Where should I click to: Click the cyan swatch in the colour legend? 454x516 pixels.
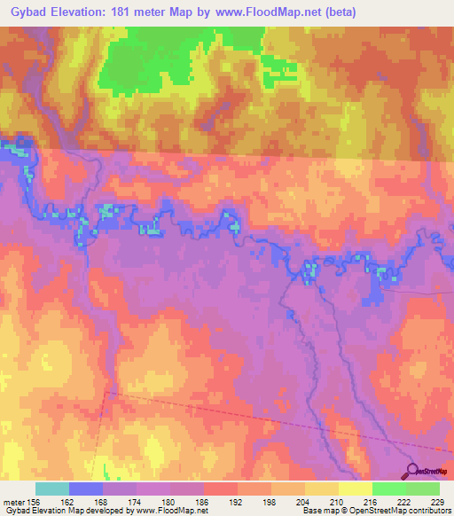coord(52,489)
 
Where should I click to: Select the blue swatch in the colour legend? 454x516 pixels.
coord(86,489)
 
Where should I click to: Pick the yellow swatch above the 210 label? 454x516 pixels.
coord(322,489)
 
